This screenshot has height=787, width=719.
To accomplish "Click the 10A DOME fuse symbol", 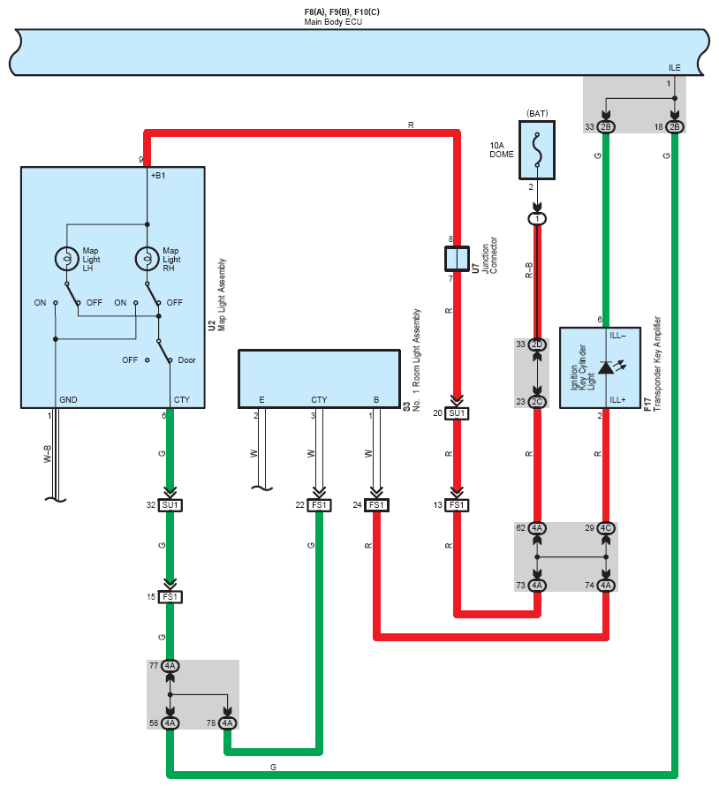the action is (537, 150).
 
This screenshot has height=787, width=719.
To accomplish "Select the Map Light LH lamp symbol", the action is (67, 259).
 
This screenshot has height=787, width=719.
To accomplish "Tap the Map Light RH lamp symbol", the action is (148, 259).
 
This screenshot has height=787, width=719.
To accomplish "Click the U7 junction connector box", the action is (457, 259).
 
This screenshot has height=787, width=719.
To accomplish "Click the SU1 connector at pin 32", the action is (170, 505).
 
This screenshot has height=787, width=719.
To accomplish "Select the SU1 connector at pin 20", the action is (457, 413).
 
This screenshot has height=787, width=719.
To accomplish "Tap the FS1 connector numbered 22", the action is (320, 505).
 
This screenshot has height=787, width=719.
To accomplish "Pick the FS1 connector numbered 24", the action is (376, 505).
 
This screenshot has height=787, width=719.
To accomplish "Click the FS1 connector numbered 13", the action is (457, 505).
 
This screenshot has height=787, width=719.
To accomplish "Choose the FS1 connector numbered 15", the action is (170, 597).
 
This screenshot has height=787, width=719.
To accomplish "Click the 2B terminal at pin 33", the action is (606, 127).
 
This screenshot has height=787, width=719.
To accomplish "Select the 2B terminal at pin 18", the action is (675, 127).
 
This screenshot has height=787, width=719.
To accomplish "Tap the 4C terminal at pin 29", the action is (606, 528).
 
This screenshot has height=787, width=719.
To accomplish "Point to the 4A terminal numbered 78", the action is (228, 723).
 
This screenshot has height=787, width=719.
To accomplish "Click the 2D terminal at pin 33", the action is (537, 344).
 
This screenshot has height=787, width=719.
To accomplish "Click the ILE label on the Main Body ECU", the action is (674, 68).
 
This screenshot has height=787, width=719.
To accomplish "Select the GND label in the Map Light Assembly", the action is (68, 400).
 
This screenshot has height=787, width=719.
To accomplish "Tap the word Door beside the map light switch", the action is (186, 360).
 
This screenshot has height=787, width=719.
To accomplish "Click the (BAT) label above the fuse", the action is (537, 113).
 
